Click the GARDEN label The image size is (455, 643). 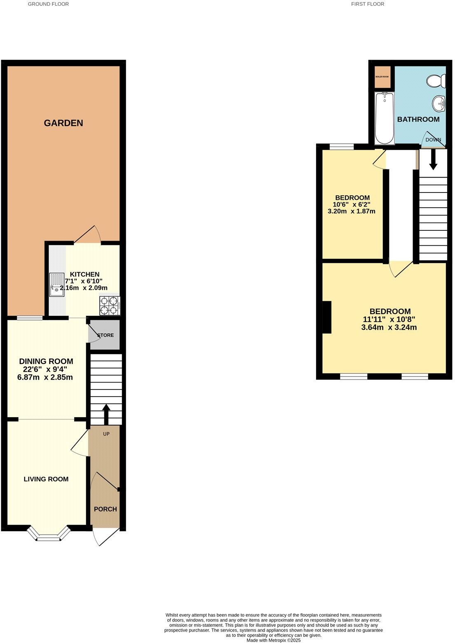tap(63, 123)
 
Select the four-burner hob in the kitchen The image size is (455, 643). tap(109, 305)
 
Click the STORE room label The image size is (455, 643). tap(106, 335)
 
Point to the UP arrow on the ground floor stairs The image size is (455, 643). tap(106, 413)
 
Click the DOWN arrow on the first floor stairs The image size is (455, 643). tap(433, 160)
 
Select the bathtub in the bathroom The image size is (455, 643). tap(385, 118)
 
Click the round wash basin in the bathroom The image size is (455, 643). tap(439, 103)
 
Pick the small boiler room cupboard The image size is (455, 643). tap(382, 77)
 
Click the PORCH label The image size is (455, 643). tap(106, 509)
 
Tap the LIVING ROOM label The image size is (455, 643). tap(46, 479)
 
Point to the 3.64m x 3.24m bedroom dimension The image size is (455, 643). tap(389, 328)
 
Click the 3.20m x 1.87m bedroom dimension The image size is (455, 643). tap(351, 211)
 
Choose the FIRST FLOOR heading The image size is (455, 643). tap(368, 4)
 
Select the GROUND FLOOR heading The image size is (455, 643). tap(48, 4)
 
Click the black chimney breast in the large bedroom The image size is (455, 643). tap(326, 317)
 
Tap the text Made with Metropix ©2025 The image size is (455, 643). tap(274, 640)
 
